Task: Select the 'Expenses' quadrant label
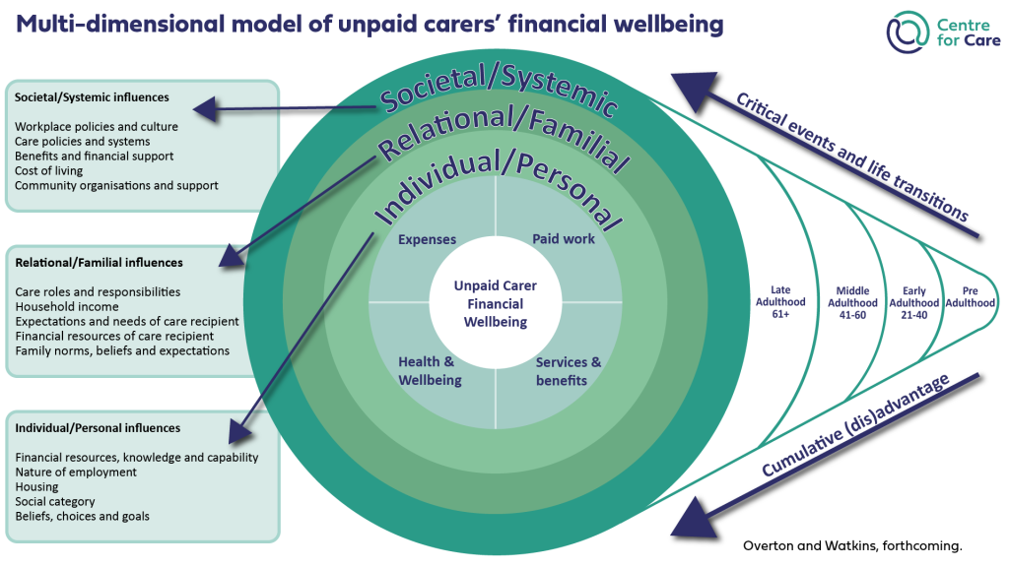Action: [x=427, y=239]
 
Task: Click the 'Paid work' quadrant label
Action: [x=564, y=239]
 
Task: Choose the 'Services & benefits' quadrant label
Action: [x=569, y=371]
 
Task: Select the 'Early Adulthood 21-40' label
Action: [x=913, y=302]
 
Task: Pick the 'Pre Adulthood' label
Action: [x=970, y=296]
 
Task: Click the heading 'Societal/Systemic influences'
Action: [x=92, y=97]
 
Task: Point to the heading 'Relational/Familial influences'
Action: [x=99, y=263]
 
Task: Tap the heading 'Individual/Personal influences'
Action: [x=98, y=428]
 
